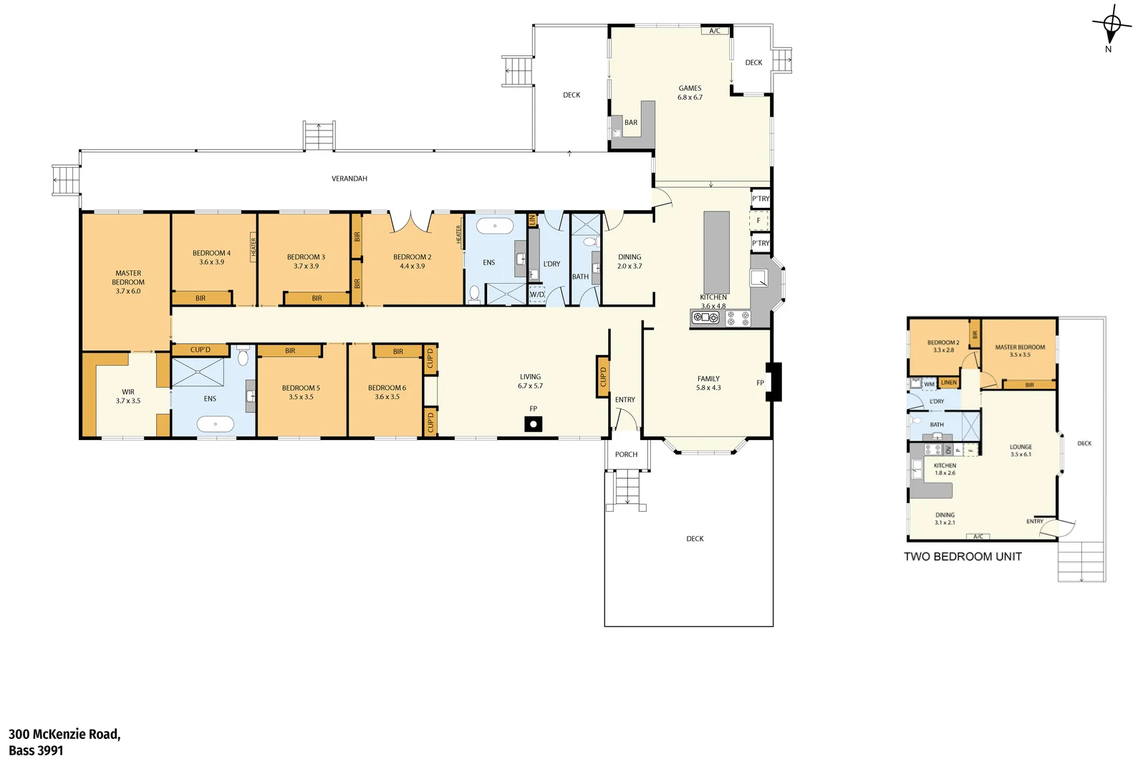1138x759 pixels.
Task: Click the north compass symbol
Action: click(x=1112, y=25)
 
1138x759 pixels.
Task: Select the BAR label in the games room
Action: click(x=631, y=123)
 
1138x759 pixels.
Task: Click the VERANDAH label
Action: click(x=349, y=178)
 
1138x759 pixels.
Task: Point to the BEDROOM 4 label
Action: click(x=211, y=253)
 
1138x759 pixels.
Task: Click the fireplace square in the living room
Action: click(x=533, y=424)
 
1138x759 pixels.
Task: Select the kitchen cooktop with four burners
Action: click(x=738, y=318)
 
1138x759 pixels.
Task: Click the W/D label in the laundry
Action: click(x=537, y=295)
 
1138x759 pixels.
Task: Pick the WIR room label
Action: click(x=128, y=392)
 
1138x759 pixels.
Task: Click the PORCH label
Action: click(x=626, y=454)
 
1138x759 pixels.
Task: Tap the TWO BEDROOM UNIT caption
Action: click(x=963, y=556)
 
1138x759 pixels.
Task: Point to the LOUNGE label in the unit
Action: click(x=1021, y=447)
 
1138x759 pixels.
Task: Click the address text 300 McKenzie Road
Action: click(x=64, y=734)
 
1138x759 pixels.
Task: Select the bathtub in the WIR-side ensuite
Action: click(x=216, y=424)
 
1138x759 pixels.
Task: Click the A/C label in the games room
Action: click(x=715, y=31)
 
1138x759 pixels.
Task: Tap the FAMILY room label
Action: click(x=708, y=378)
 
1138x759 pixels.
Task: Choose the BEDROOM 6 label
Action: click(x=387, y=388)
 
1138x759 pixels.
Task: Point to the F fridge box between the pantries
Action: click(x=758, y=221)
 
